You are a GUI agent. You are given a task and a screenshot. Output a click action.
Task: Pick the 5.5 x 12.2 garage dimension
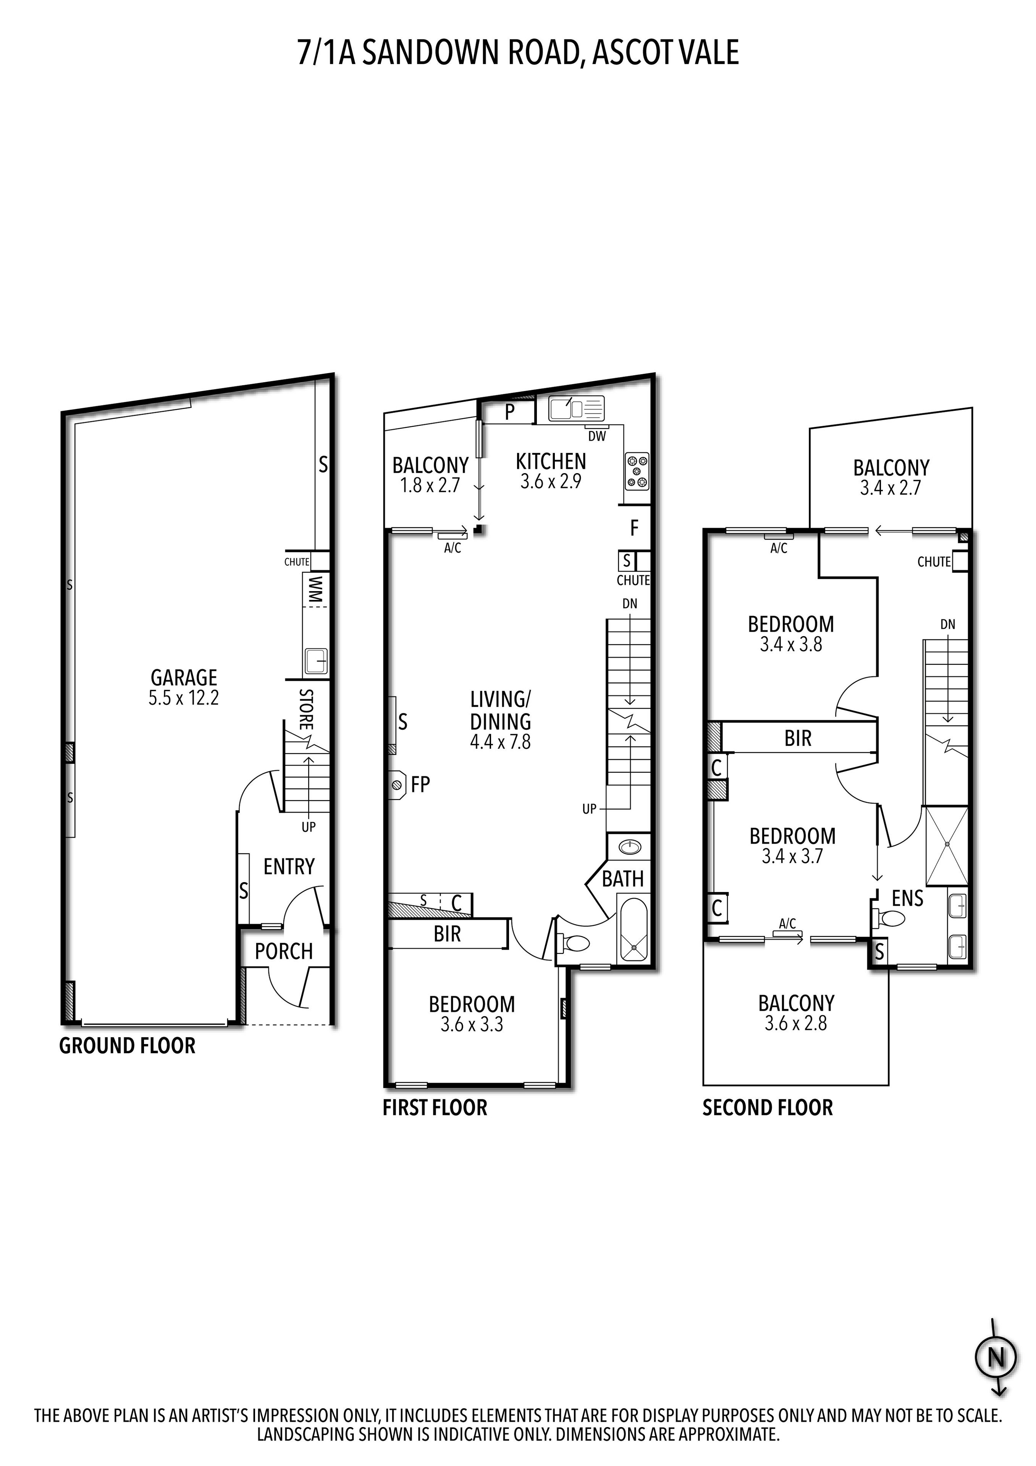[184, 698]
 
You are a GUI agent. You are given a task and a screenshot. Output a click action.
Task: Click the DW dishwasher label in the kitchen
[597, 436]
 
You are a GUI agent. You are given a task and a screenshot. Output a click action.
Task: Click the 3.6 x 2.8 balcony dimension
[795, 1023]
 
